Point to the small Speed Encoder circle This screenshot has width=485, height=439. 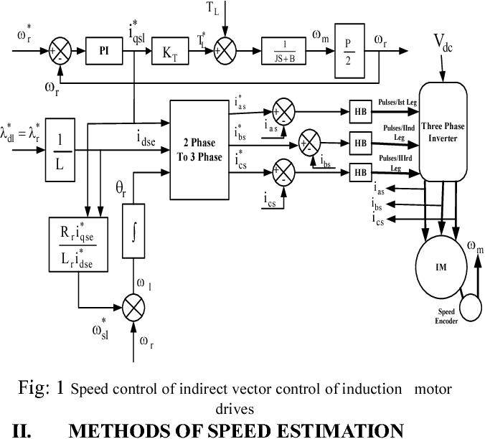pyautogui.click(x=472, y=307)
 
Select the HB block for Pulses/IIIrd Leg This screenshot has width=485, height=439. pyautogui.click(x=359, y=172)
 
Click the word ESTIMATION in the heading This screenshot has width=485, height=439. pyautogui.click(x=337, y=430)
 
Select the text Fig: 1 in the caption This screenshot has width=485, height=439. pyautogui.click(x=41, y=389)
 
